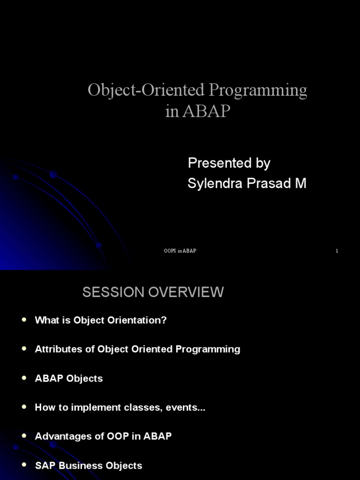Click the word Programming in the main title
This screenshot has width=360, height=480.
(x=258, y=91)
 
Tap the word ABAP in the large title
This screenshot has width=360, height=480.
(x=206, y=111)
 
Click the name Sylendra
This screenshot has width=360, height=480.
(x=215, y=183)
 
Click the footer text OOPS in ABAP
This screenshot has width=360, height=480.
(x=180, y=251)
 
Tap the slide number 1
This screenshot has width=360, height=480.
(x=337, y=251)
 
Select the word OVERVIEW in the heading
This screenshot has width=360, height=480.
(x=186, y=292)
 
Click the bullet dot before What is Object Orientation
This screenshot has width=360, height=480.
(x=24, y=320)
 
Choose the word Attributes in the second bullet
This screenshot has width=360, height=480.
(x=59, y=349)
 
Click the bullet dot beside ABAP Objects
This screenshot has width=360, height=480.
(x=24, y=378)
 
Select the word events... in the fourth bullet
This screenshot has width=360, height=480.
(x=186, y=408)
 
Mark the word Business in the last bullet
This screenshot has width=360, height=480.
(x=81, y=465)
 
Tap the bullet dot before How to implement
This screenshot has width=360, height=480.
(x=24, y=407)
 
